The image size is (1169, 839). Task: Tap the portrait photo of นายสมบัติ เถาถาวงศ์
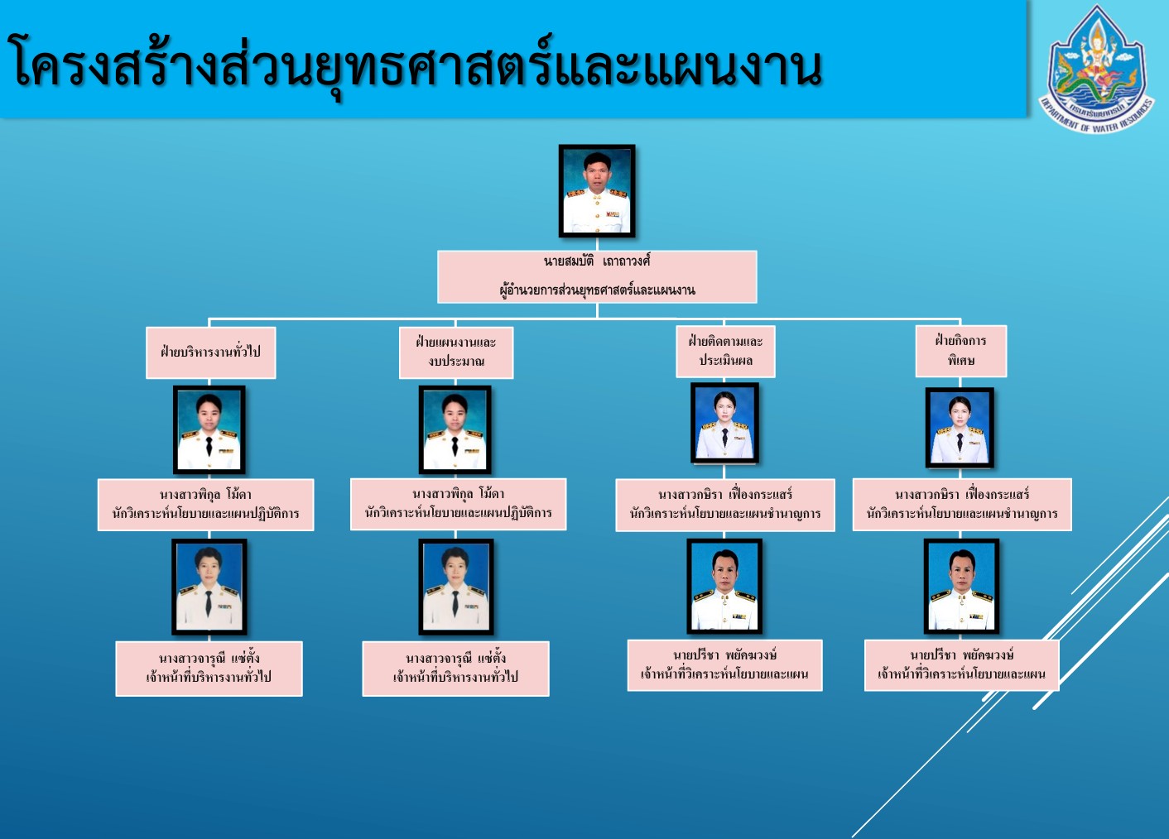pos(597,191)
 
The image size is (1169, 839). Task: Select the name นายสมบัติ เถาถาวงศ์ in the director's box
pos(597,261)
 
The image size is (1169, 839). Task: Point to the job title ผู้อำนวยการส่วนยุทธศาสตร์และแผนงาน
pos(597,290)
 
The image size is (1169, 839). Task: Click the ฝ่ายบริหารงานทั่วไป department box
pos(211,352)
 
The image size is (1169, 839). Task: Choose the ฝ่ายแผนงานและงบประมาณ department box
pos(456,352)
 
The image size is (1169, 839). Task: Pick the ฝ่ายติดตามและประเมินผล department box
pos(725,351)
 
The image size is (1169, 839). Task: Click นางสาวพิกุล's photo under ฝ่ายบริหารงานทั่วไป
pos(209,429)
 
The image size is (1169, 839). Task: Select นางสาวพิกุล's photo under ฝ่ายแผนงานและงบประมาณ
pos(455,429)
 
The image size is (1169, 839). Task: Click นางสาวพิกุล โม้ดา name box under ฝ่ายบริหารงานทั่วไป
pos(205,505)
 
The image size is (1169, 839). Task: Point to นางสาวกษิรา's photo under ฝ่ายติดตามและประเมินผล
pos(725,423)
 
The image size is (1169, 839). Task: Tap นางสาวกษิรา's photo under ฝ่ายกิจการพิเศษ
pos(960,428)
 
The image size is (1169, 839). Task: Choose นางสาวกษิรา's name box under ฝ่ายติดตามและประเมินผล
pos(725,506)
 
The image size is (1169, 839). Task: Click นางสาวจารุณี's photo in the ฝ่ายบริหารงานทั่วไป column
pos(209,587)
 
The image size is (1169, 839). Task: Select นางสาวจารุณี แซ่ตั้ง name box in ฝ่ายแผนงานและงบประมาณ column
pos(455,669)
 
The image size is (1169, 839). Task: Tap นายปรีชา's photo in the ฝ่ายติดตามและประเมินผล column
pos(724,586)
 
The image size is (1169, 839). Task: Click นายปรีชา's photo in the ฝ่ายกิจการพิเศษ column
pos(961,586)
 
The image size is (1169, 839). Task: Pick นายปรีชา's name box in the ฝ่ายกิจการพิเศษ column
pos(962,665)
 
